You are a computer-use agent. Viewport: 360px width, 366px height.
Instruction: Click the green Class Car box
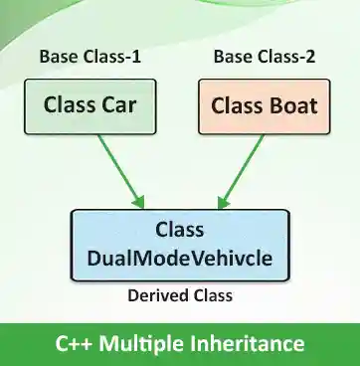[90, 106]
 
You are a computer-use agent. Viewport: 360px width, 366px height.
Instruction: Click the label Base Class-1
[90, 56]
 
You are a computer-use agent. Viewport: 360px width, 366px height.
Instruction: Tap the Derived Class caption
[179, 294]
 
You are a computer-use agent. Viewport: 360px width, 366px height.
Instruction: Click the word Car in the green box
[115, 104]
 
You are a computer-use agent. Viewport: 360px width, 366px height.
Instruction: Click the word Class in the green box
[69, 104]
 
